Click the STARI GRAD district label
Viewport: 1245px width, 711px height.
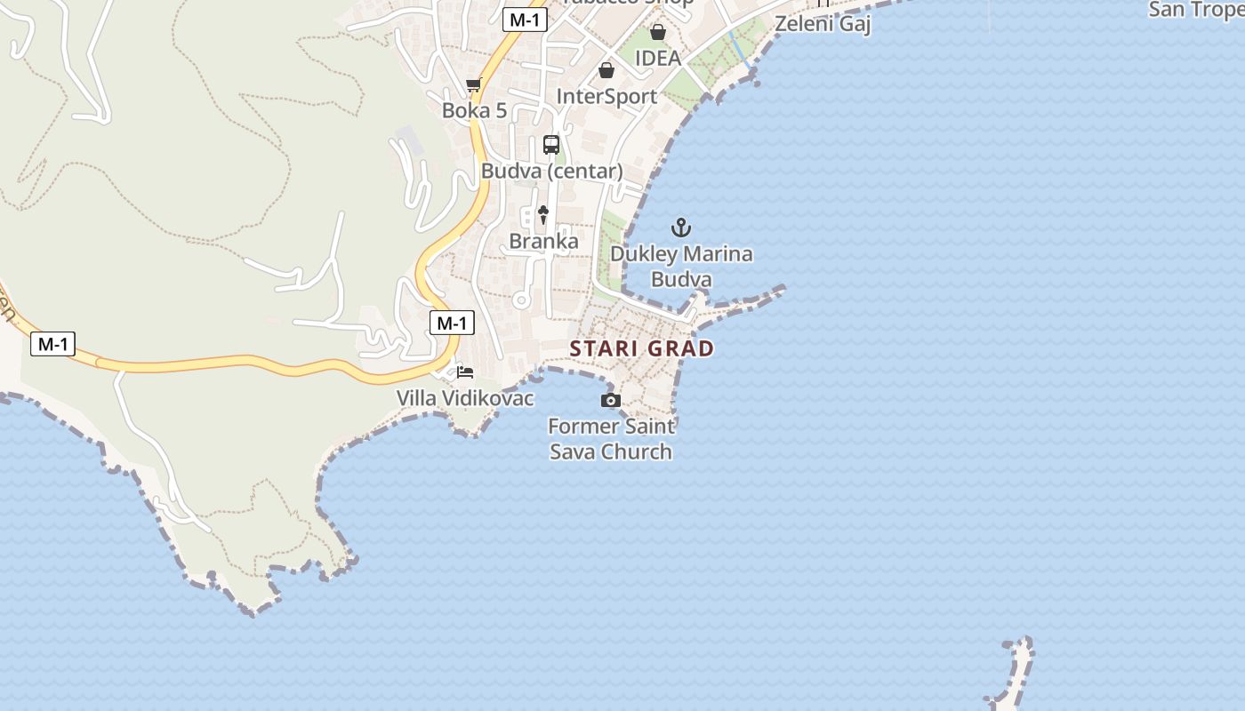(x=641, y=348)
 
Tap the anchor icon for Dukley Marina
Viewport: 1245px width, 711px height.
(x=680, y=228)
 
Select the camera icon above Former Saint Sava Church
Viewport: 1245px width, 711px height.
(x=610, y=401)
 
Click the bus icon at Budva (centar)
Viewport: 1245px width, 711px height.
(x=551, y=145)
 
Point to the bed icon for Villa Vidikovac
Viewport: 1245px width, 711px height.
(x=465, y=371)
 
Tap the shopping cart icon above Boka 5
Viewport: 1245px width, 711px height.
(x=473, y=85)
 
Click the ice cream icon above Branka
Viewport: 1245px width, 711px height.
(x=543, y=215)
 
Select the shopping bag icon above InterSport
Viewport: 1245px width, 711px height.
(x=606, y=70)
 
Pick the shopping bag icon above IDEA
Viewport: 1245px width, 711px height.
(x=657, y=33)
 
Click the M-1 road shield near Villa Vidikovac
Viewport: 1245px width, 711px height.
(x=452, y=323)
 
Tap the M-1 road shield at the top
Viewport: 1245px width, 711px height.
(x=524, y=20)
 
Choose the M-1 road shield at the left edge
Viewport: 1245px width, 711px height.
(x=52, y=344)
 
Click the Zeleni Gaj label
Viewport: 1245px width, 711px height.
(x=823, y=24)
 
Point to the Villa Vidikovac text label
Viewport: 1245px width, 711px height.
(x=465, y=398)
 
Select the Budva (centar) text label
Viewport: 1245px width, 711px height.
(x=551, y=172)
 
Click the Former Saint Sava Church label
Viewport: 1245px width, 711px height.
(x=611, y=439)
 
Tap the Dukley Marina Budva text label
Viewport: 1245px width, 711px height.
(x=681, y=267)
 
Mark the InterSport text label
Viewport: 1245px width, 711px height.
(x=606, y=96)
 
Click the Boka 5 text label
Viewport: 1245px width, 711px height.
(x=474, y=111)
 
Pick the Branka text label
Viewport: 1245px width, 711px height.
(x=543, y=241)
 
